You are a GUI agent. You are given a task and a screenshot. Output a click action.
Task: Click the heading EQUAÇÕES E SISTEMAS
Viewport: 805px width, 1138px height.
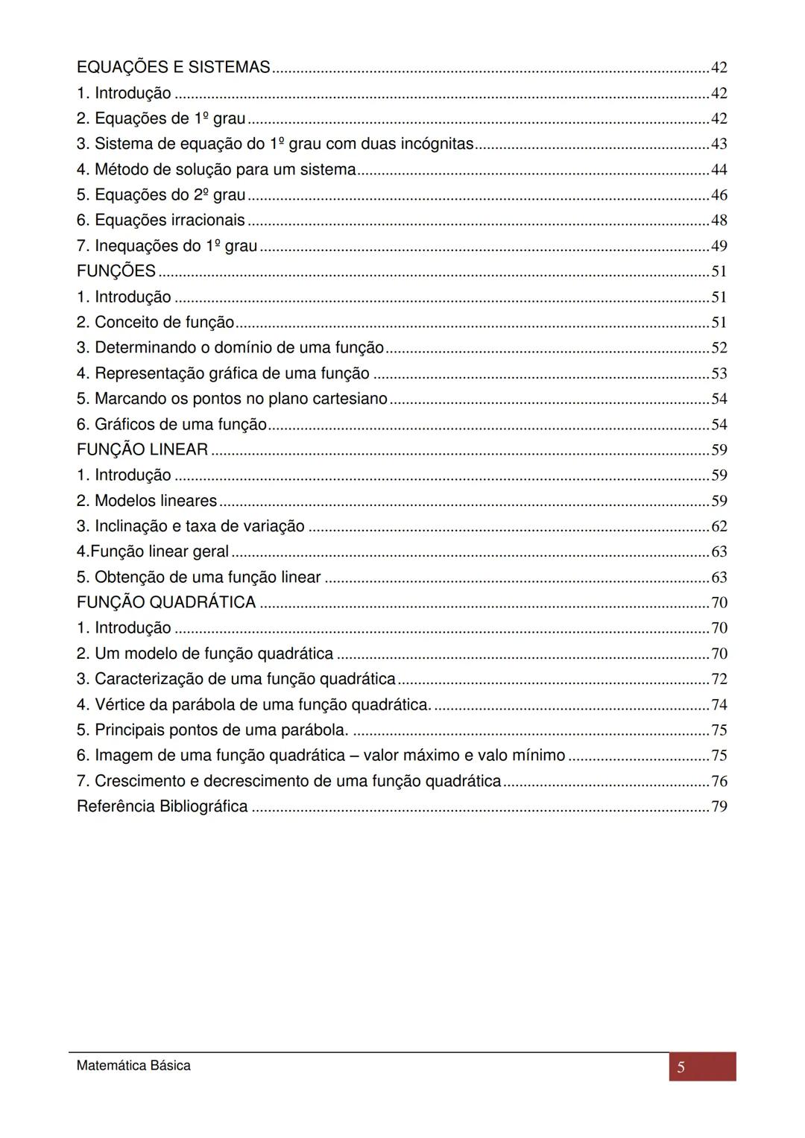tap(173, 68)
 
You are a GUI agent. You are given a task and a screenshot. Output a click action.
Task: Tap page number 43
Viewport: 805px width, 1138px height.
tap(719, 144)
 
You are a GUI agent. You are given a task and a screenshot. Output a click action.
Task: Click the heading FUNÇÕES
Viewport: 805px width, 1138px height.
tap(116, 271)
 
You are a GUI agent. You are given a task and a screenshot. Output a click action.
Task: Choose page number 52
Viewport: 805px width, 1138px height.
tap(719, 348)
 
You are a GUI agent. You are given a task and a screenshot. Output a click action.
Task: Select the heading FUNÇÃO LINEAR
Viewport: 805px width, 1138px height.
tap(142, 450)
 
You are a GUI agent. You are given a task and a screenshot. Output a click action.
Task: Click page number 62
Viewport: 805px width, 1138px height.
tap(719, 526)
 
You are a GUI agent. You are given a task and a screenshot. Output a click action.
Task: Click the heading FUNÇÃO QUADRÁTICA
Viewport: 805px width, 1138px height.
tap(166, 603)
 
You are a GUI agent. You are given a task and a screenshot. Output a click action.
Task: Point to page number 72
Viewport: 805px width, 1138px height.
tap(719, 679)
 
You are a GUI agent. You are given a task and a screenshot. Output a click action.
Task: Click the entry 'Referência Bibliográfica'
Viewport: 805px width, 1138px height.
tap(162, 806)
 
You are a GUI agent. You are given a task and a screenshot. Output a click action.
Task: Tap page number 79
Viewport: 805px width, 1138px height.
tap(719, 806)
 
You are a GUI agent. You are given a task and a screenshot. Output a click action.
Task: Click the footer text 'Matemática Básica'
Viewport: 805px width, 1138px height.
tap(133, 1066)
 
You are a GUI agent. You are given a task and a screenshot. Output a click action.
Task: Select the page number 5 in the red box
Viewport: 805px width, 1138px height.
tap(681, 1068)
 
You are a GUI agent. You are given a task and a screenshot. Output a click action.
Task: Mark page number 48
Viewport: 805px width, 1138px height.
tap(719, 221)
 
